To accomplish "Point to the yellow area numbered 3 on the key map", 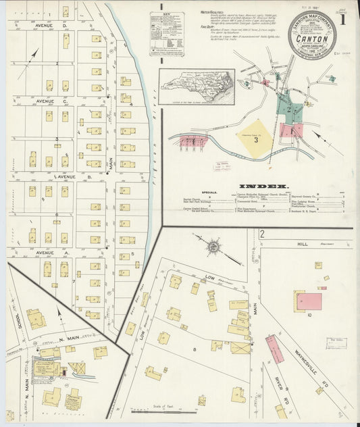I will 256,140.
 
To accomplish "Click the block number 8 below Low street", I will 195,349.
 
